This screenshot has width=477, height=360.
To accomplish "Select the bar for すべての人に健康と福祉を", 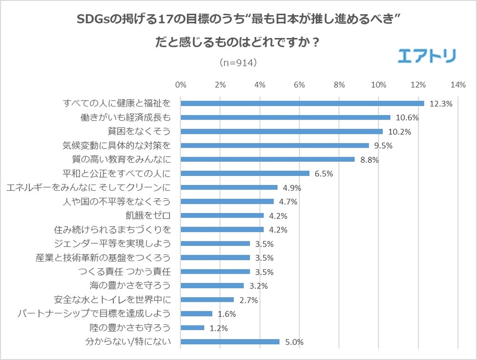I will [302, 103].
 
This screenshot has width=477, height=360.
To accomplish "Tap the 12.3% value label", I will [440, 103].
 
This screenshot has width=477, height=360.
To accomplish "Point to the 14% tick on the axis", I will [458, 85].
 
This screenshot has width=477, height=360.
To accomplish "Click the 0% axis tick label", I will [181, 85].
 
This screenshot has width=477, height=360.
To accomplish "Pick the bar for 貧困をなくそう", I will [282, 131].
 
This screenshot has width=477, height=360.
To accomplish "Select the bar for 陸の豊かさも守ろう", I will [192, 328].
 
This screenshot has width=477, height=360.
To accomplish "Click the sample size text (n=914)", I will [238, 63].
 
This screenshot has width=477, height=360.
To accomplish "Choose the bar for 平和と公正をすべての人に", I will [245, 173].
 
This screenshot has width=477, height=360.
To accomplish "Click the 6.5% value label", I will [323, 173].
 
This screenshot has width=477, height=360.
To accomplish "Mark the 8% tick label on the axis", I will [339, 85].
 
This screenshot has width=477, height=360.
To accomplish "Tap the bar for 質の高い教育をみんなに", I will [267, 159].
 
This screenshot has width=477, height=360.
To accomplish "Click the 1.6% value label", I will [226, 314].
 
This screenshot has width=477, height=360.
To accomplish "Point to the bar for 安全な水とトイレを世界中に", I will [207, 300].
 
